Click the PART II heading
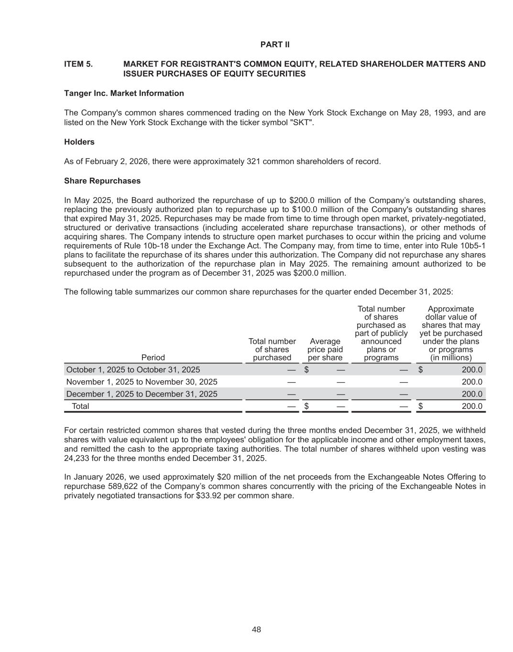[275, 44]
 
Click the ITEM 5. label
[78, 64]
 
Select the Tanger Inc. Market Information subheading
[124, 93]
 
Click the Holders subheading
[79, 142]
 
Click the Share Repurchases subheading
[102, 181]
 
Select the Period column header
[153, 358]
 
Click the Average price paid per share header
[325, 349]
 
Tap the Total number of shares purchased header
[272, 349]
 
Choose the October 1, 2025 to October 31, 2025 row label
[133, 370]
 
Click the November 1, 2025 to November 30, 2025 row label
[142, 382]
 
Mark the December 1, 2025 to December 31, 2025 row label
[142, 394]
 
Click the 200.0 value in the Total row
[472, 406]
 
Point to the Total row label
[80, 406]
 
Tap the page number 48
[256, 630]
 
